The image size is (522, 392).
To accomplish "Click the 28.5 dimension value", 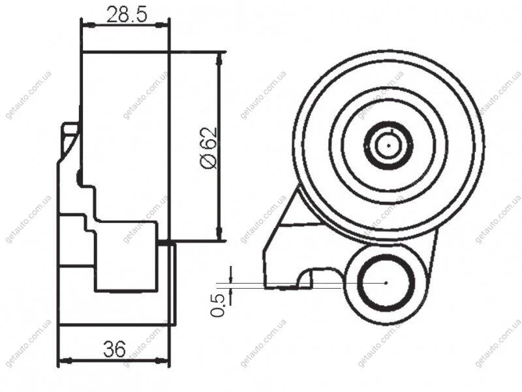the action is [x=127, y=15].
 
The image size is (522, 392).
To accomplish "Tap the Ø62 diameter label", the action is [x=209, y=148].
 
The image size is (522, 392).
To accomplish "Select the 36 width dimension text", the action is [x=114, y=349].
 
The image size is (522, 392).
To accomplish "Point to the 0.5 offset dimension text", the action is [x=217, y=305].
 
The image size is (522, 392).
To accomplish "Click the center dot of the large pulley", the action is [x=388, y=145].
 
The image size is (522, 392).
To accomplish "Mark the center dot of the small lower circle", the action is [x=386, y=283].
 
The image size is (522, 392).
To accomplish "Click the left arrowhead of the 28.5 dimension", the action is [x=88, y=25].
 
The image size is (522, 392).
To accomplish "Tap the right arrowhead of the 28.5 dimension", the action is [x=162, y=25].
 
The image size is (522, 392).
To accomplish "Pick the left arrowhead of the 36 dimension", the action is [x=65, y=361].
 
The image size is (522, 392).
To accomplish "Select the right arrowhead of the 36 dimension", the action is [x=162, y=361].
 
